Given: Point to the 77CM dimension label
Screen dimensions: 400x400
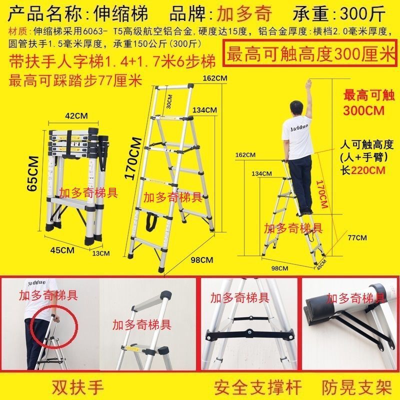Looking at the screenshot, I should click(x=357, y=237).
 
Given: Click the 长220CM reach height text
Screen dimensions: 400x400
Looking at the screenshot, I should click(x=364, y=169).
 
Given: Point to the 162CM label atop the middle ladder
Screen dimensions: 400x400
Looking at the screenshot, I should click(x=213, y=78).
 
